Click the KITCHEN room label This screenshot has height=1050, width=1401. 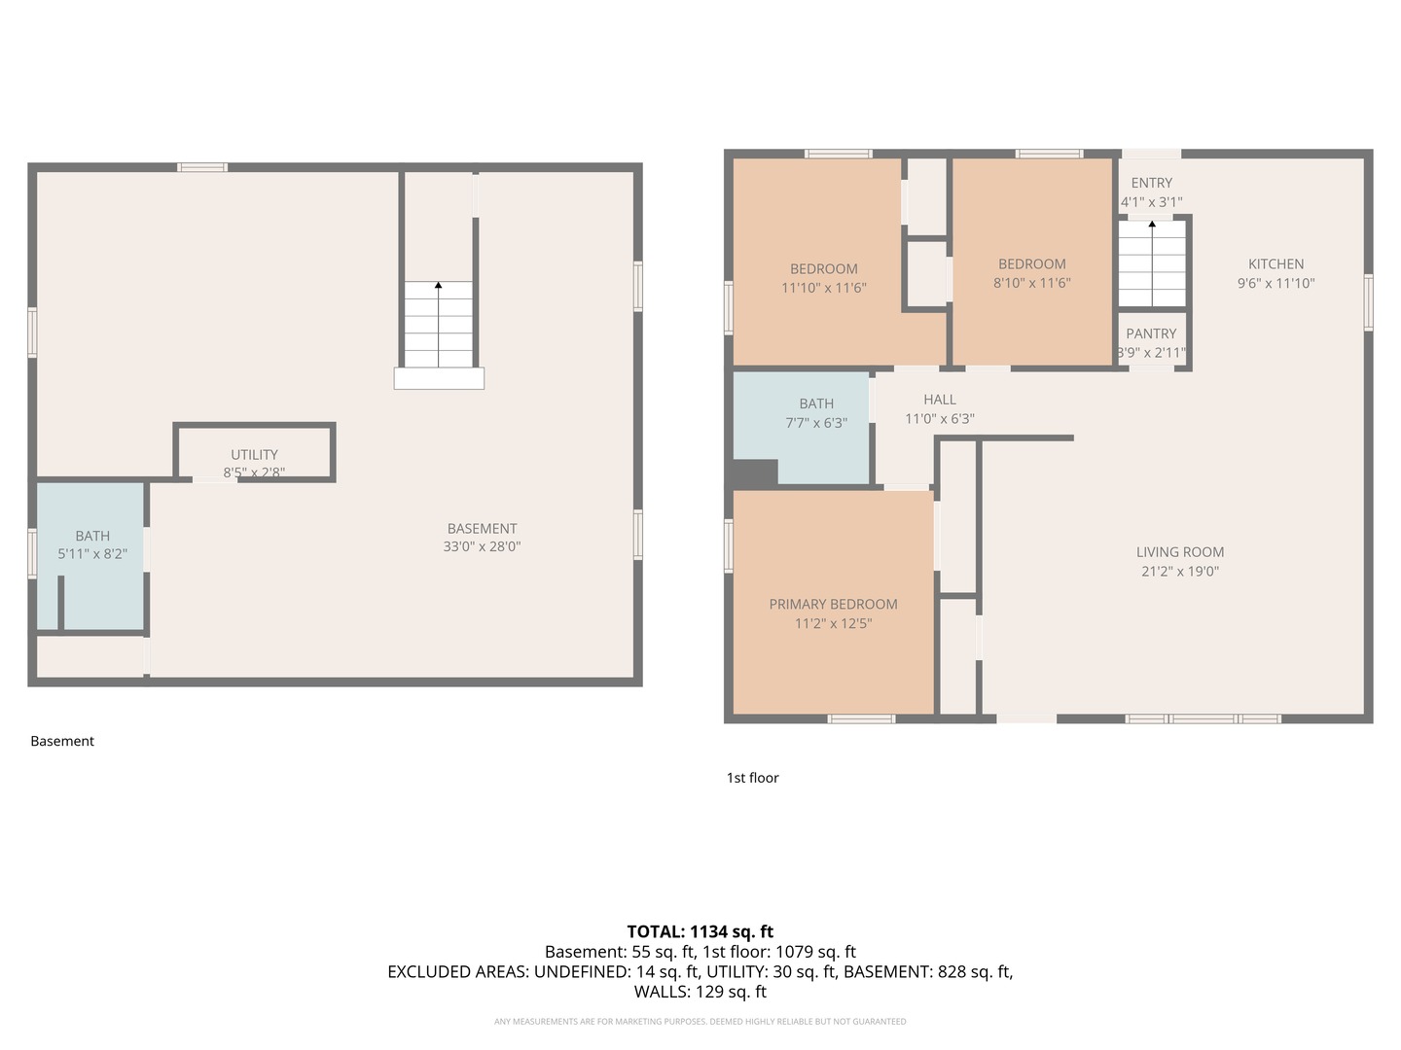pos(1275,264)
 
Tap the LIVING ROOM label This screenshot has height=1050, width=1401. pos(1179,552)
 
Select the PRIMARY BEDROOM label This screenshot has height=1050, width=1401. pos(833,605)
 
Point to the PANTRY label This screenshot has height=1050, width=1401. pos(1151,333)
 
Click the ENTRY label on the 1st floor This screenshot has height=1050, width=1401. pos(1151,183)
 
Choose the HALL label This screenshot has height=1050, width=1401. pos(939,400)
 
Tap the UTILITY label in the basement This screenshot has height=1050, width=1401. pos(254,455)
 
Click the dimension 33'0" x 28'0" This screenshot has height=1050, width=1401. pos(482,547)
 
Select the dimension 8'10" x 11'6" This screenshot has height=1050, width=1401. pos(1031,284)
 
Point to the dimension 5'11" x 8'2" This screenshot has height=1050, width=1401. pos(92,554)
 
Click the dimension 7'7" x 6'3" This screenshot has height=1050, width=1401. pos(815,423)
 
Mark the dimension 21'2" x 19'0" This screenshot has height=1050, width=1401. pos(1179,572)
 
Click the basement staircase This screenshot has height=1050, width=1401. pos(438,325)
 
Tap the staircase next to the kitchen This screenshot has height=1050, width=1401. pos(1152,263)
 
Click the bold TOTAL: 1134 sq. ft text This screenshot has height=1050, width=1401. pos(700,931)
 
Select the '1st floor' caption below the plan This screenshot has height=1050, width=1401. pos(752,778)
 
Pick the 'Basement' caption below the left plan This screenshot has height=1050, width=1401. pos(62,741)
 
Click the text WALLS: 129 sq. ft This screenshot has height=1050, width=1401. pos(700,992)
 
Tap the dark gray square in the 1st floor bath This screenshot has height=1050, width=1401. pos(754,473)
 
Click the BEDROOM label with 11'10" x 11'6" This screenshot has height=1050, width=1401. pos(823,269)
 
